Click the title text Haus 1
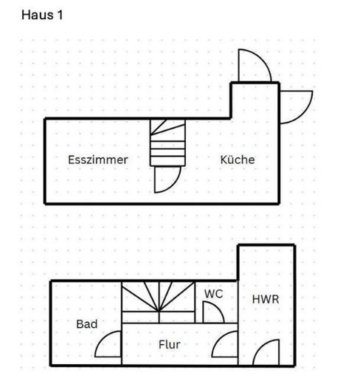point(42,15)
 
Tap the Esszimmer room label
point(98,160)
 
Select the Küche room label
point(238,160)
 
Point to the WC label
point(213,294)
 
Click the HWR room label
point(266,299)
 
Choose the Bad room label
point(87,324)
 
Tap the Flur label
point(170,344)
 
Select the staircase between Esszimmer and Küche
point(167,143)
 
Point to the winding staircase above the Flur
point(159,302)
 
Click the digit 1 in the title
point(60,15)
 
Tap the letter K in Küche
point(224,160)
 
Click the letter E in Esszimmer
point(71,160)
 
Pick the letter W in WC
point(210,294)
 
